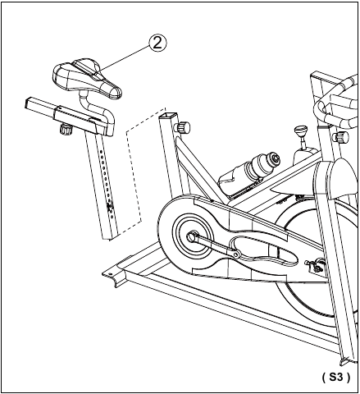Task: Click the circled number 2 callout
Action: tap(157, 44)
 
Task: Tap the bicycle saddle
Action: tap(87, 78)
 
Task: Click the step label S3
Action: tap(335, 378)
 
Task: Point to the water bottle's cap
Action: tap(274, 159)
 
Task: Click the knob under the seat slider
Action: tap(66, 129)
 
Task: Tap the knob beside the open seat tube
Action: tap(182, 127)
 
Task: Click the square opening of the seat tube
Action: tap(168, 115)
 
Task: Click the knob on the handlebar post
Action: tap(340, 136)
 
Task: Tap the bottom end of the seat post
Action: tap(111, 236)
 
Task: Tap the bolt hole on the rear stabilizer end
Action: tap(111, 273)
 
